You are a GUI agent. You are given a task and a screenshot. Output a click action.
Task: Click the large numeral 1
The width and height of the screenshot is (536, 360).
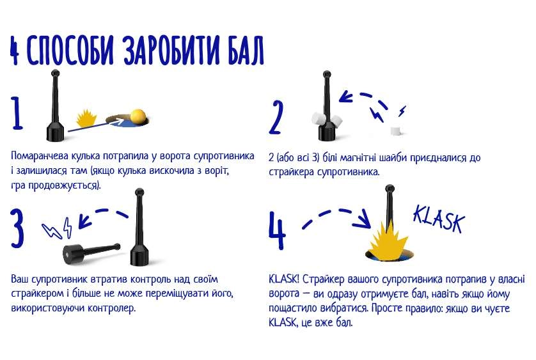click(x=17, y=113)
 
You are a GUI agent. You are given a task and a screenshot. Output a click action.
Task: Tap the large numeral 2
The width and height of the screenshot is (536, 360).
click(x=276, y=116)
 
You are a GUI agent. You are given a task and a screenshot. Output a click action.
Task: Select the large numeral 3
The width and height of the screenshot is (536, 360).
click(x=19, y=226)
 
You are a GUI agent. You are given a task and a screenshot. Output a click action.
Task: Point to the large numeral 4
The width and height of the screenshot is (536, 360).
click(x=276, y=228)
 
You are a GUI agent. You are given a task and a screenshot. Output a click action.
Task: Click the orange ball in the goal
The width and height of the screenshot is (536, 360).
click(x=138, y=116)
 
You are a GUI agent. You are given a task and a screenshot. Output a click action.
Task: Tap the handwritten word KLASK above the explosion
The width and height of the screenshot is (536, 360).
click(x=438, y=218)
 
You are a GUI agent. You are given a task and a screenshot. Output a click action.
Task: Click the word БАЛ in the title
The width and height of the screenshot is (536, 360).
click(x=240, y=51)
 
